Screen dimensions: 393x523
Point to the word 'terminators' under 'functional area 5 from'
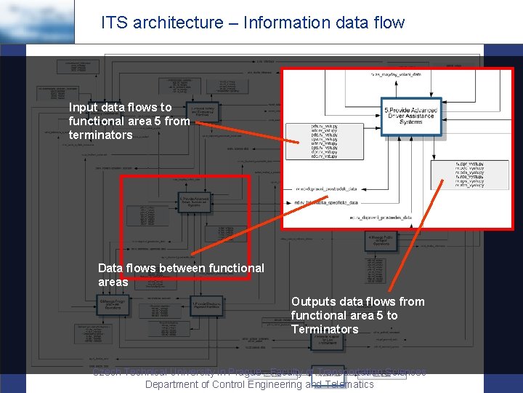pos(101,135)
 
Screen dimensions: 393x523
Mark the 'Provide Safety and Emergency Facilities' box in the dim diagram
pos(201,111)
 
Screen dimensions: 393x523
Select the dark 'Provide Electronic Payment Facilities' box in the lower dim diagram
pos(207,303)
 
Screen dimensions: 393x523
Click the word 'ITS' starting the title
pos(112,23)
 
